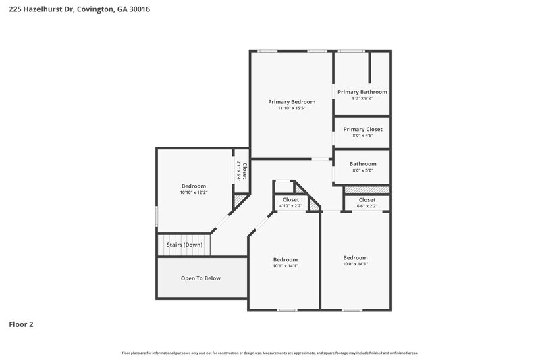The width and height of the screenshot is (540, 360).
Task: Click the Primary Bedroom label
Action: point(292,102)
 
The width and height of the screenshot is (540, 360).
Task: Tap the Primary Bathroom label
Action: point(362,92)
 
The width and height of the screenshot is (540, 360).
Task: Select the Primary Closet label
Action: point(362,129)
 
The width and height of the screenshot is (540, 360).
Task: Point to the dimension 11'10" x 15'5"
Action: point(292,108)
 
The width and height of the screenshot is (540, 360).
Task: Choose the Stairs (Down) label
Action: point(184,245)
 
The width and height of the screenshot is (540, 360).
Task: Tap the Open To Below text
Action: point(200,278)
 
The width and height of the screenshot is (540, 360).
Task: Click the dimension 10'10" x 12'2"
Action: point(193,192)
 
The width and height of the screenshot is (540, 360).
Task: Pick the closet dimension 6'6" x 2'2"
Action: point(367,206)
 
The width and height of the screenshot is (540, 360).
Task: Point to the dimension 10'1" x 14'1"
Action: point(285,266)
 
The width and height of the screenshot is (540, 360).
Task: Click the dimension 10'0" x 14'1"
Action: point(355,264)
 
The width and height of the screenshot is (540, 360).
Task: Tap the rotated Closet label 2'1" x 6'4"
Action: point(242,171)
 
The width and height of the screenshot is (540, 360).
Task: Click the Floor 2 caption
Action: point(21,324)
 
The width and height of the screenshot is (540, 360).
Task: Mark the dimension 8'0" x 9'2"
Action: point(362,99)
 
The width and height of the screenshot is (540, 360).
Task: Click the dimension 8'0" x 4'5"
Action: point(362,136)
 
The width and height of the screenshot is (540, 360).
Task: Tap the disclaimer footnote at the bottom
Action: point(270,353)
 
